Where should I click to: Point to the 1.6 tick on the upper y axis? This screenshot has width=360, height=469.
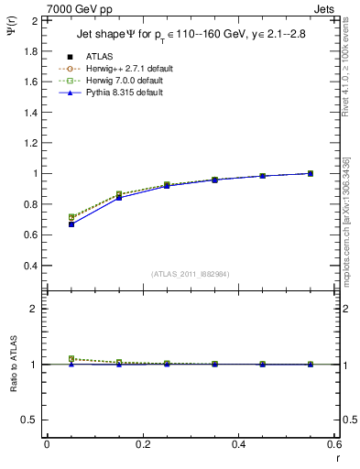30,82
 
